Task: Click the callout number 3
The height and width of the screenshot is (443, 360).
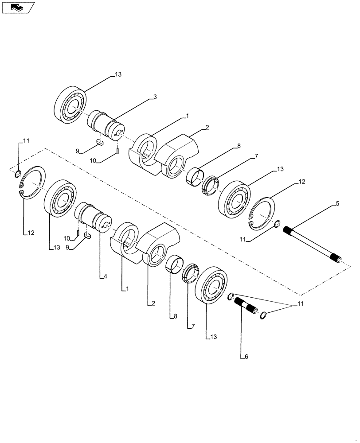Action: pos(155,96)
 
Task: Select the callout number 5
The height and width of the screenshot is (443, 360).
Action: pos(337,203)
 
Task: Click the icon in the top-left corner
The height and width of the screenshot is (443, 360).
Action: pos(18,7)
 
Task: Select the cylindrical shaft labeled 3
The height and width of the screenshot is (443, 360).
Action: pos(105,125)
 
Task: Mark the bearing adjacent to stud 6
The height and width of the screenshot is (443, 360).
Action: pos(211,285)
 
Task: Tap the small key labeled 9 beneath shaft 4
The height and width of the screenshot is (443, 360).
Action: pos(87,236)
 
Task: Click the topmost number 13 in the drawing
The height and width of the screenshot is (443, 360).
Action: pos(117,74)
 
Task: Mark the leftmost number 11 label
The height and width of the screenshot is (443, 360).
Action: pos(26,140)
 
